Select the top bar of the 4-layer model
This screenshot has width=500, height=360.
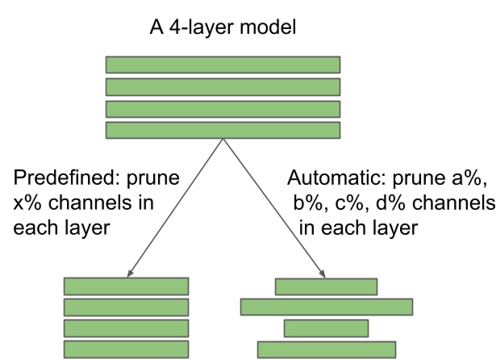[223, 65]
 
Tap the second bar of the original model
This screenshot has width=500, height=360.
[223, 86]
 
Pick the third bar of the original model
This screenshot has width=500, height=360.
[223, 108]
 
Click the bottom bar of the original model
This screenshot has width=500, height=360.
[223, 130]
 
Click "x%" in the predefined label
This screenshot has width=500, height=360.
[28, 201]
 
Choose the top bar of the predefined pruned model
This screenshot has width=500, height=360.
[126, 286]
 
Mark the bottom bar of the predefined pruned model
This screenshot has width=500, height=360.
[126, 350]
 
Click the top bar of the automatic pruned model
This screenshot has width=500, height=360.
[326, 286]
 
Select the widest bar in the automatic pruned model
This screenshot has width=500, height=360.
[327, 307]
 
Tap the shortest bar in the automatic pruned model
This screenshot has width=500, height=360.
[326, 329]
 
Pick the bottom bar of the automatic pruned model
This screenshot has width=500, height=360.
[327, 350]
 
